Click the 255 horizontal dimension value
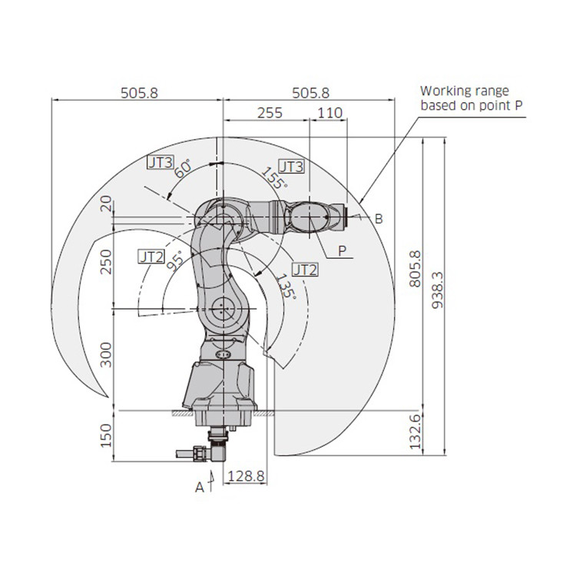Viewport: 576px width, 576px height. pyautogui.click(x=270, y=113)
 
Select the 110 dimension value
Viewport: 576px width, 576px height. pyautogui.click(x=330, y=113)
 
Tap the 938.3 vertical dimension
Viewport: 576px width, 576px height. pyautogui.click(x=437, y=290)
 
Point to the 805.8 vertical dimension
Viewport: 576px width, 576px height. pyautogui.click(x=415, y=269)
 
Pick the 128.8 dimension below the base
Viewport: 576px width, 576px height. pyautogui.click(x=246, y=476)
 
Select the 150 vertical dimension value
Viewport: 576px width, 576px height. pyautogui.click(x=106, y=435)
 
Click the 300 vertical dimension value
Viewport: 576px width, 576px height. pyautogui.click(x=106, y=355)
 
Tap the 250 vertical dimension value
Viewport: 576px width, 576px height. pyautogui.click(x=106, y=262)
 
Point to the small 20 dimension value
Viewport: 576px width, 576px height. pyautogui.click(x=106, y=204)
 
